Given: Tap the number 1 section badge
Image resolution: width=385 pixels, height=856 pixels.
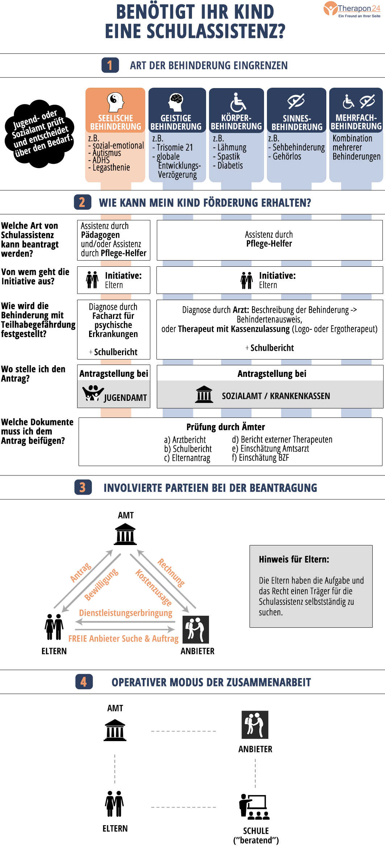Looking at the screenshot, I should pyautogui.click(x=110, y=65).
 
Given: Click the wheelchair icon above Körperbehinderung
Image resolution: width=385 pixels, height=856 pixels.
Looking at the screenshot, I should pyautogui.click(x=237, y=102).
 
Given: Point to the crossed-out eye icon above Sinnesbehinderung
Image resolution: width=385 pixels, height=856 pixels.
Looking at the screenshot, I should pyautogui.click(x=296, y=101).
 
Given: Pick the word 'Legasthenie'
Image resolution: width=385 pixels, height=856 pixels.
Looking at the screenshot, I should pyautogui.click(x=111, y=167).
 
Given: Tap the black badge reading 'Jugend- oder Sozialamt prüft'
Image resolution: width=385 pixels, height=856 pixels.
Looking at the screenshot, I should pyautogui.click(x=39, y=134).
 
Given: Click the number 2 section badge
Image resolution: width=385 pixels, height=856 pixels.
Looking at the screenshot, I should pyautogui.click(x=82, y=202).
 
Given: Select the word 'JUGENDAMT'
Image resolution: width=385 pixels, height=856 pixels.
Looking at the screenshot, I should pyautogui.click(x=125, y=398).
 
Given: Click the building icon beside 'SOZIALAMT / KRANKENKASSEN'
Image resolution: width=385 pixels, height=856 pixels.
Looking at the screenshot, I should pyautogui.click(x=204, y=395).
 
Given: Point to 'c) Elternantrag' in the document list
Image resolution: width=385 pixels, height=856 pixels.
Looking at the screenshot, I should pyautogui.click(x=187, y=458).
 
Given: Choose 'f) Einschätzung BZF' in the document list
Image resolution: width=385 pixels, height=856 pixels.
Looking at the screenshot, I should pyautogui.click(x=260, y=458).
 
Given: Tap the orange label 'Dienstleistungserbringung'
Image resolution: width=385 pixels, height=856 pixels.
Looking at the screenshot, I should pyautogui.click(x=126, y=613).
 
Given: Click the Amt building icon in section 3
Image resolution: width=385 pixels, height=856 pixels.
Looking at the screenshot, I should pyautogui.click(x=125, y=535).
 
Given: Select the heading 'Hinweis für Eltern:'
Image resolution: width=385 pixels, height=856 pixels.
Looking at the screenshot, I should pyautogui.click(x=294, y=559).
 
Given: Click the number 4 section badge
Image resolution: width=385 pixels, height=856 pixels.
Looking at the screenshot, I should pyautogui.click(x=84, y=682).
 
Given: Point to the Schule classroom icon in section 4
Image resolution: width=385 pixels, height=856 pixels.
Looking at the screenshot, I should pyautogui.click(x=254, y=807).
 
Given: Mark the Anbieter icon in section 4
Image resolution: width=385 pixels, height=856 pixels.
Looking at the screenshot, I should pyautogui.click(x=255, y=725).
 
